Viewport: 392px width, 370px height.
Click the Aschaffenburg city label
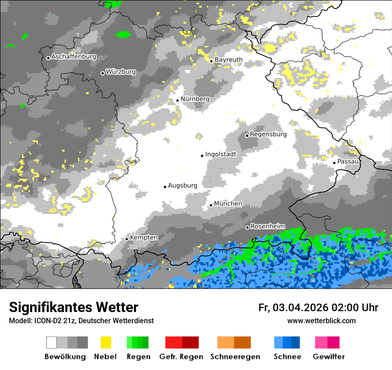[73, 57]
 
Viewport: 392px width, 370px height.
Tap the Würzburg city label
[121, 72]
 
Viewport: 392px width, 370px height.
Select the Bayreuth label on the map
[229, 60]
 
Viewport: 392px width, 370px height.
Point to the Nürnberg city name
[195, 99]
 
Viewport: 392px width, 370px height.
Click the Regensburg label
[268, 134]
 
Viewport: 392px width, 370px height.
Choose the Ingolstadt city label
[220, 154]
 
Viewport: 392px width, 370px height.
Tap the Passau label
[348, 161]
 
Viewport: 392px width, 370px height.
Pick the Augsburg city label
[182, 185]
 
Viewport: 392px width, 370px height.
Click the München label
[228, 204]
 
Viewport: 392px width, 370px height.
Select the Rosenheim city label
[267, 226]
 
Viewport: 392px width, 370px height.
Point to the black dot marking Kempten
[127, 239]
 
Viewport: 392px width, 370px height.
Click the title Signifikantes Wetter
[73, 308]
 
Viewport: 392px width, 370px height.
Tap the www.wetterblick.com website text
[321, 321]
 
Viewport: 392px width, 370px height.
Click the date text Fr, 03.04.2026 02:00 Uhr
[318, 308]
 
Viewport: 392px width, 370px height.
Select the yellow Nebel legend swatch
[106, 342]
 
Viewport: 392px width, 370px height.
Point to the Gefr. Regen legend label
[181, 357]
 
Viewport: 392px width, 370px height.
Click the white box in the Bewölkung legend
[52, 342]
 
